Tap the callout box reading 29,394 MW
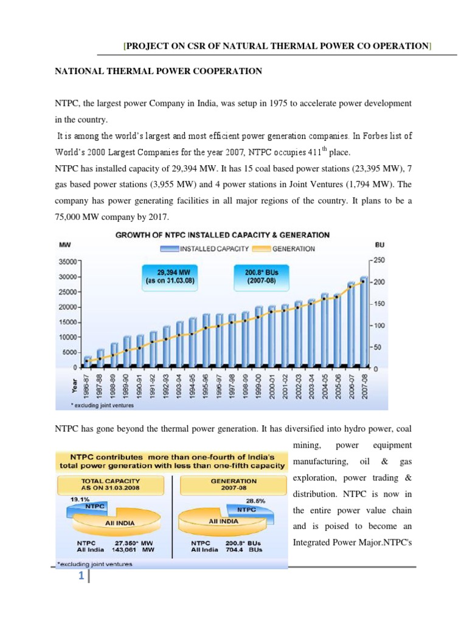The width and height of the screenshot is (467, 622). click(170, 276)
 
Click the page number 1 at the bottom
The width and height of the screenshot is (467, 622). click(80, 578)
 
